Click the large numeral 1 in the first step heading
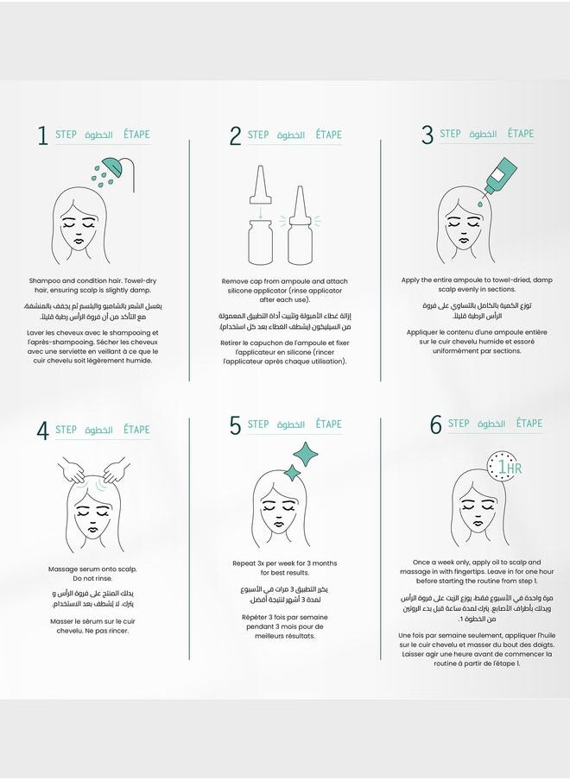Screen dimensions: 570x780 click(43, 135)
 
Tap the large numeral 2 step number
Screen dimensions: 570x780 click(235, 135)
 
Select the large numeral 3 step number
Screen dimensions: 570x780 click(427, 135)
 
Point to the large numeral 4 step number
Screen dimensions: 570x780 click(43, 431)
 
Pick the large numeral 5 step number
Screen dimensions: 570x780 click(235, 425)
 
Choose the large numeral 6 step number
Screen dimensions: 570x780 click(435, 425)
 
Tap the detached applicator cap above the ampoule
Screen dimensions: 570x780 click(260, 185)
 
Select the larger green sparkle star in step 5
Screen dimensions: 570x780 click(305, 453)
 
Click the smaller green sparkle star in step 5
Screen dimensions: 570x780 click(292, 473)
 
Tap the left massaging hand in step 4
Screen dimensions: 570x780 click(73, 469)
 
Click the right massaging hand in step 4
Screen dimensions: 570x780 click(114, 470)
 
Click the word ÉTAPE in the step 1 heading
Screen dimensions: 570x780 click(136, 135)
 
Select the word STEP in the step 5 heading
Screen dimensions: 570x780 click(258, 425)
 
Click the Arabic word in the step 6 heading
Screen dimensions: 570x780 click(491, 424)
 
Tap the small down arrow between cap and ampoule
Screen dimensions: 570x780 click(260, 212)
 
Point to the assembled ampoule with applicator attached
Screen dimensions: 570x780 click(301, 225)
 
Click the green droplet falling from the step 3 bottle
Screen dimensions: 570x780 click(480, 204)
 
